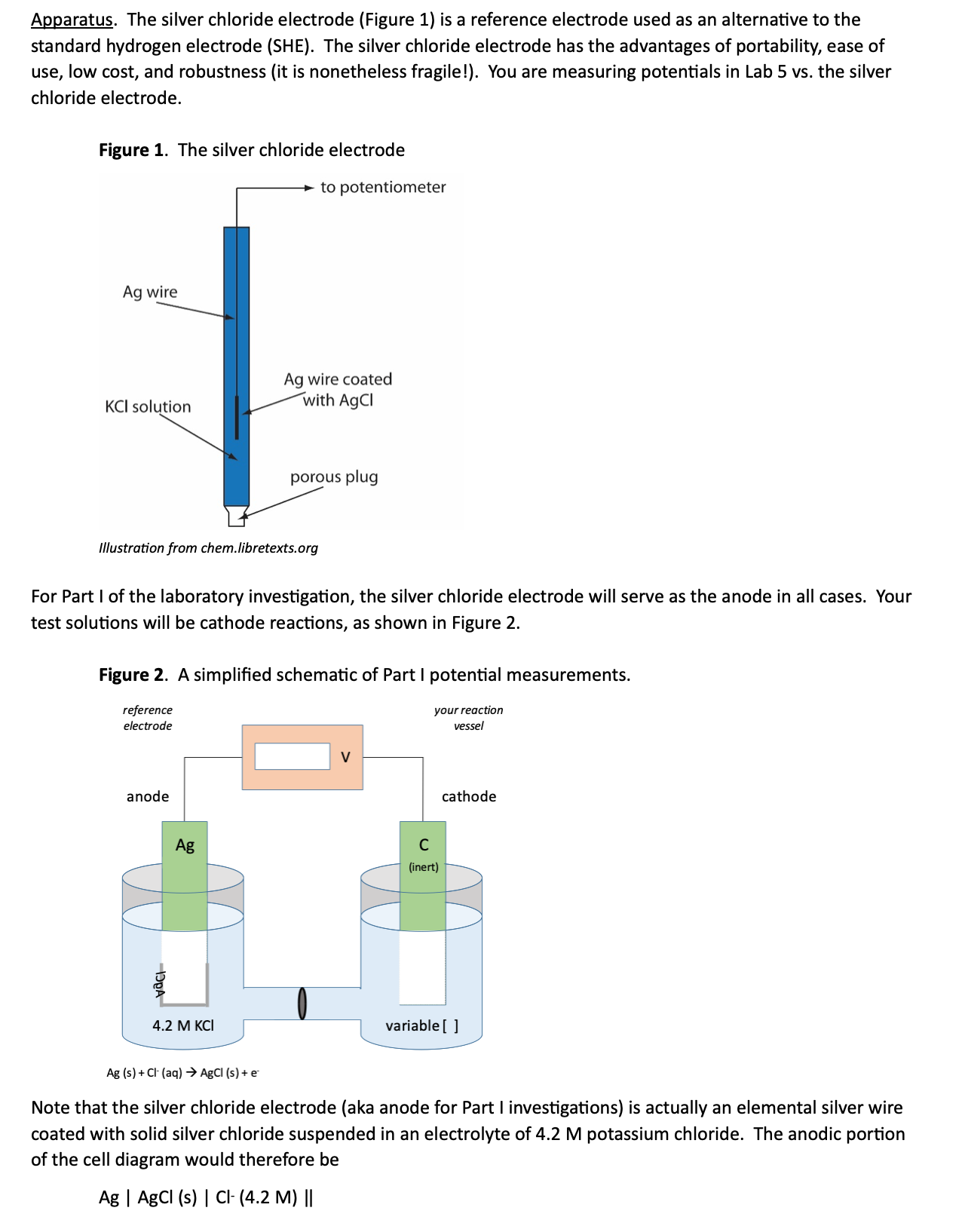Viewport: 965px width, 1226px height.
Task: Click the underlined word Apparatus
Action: point(72,20)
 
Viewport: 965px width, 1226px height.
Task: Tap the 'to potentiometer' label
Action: point(383,188)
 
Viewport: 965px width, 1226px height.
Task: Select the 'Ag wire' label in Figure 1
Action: point(150,293)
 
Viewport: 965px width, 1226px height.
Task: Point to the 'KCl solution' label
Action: point(148,406)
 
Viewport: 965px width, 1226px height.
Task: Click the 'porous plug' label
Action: point(334,477)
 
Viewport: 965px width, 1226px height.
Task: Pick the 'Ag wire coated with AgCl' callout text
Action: point(338,390)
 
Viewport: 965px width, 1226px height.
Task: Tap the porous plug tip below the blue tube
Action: point(237,516)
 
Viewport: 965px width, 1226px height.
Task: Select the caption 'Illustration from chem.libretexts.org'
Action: point(209,548)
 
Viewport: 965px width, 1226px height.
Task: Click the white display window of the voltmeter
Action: point(293,756)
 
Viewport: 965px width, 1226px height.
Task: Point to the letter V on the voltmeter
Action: point(345,757)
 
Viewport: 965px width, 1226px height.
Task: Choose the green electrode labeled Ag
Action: point(185,876)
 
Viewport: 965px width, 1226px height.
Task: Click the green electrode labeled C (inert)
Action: point(423,876)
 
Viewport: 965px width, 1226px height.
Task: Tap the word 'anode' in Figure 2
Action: point(148,796)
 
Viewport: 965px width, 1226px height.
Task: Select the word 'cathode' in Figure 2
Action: point(469,796)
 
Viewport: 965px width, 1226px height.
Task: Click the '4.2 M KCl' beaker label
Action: point(183,1025)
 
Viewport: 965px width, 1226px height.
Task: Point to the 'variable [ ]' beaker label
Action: point(422,1025)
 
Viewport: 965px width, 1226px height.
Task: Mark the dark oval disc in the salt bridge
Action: point(302,1004)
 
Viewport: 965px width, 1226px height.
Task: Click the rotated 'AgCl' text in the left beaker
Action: point(160,984)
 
